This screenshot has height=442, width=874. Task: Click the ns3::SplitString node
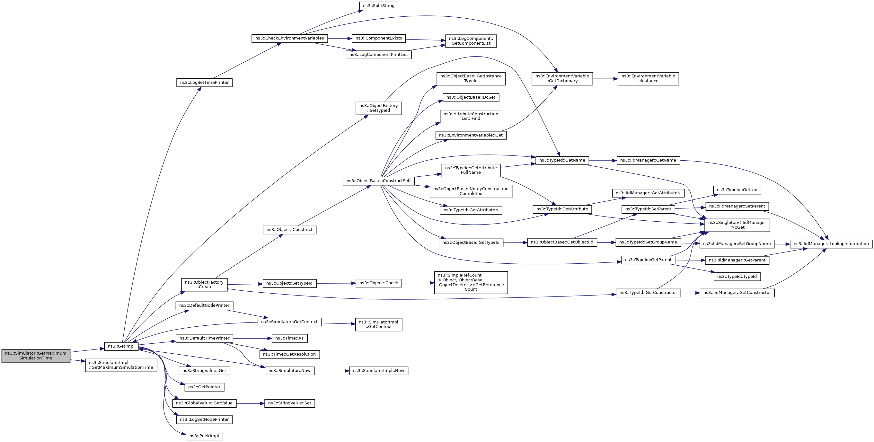[x=378, y=6]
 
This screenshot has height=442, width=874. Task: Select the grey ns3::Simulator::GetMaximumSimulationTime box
[x=36, y=356]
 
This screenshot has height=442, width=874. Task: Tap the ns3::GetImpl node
[x=121, y=346]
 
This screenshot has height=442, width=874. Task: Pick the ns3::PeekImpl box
[x=204, y=436]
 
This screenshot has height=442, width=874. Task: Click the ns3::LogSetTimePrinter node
[x=204, y=83]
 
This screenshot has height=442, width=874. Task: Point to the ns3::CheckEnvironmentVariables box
[x=289, y=38]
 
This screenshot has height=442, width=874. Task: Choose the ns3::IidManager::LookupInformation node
[x=831, y=244]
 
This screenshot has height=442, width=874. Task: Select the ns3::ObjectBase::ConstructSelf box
[x=378, y=181]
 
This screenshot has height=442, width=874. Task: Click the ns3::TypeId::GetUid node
[x=737, y=190]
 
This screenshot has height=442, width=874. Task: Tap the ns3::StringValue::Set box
[x=289, y=403]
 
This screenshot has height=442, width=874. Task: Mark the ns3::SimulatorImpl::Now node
[x=378, y=371]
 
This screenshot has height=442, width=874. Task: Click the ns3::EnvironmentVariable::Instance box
[x=648, y=79]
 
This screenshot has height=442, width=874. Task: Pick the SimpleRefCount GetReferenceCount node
[x=471, y=283]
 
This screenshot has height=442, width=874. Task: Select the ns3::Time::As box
[x=289, y=338]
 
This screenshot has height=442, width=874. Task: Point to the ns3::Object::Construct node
[x=289, y=230]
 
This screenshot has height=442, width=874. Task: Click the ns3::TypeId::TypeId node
[x=737, y=277]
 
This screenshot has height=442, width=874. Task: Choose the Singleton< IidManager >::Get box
[x=737, y=225]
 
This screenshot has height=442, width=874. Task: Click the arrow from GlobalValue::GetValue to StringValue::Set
[x=251, y=403]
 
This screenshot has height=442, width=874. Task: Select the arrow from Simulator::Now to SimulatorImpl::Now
[x=332, y=371]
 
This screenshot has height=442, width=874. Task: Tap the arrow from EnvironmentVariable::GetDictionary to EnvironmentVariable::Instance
[x=605, y=79]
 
